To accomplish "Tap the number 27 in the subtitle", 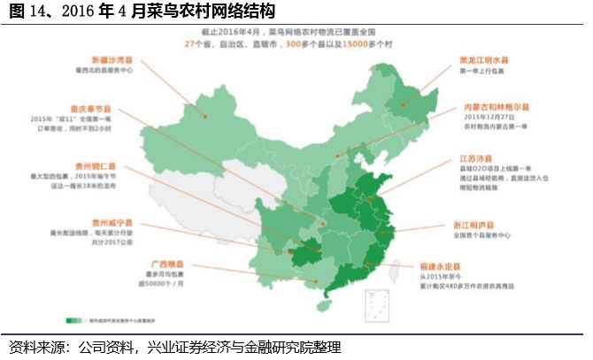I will click(x=189, y=44).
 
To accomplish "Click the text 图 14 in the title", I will click(x=27, y=11).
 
